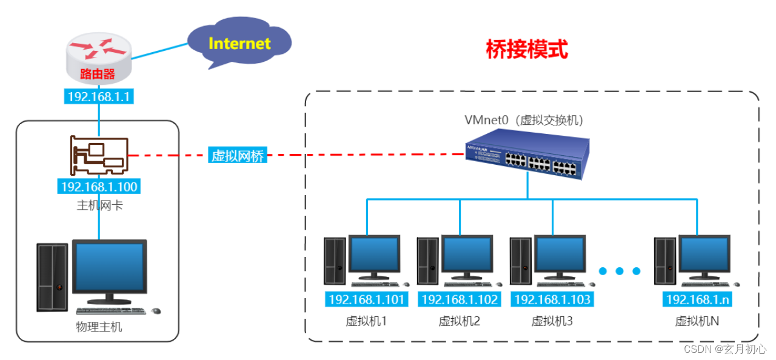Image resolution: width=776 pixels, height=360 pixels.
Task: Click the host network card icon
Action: (99, 154)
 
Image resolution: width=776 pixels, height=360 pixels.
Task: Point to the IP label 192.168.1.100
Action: (99, 187)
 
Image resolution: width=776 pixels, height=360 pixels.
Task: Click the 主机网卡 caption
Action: (99, 205)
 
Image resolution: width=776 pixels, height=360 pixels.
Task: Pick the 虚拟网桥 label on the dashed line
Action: (238, 156)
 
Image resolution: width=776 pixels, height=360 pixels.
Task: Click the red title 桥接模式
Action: (527, 50)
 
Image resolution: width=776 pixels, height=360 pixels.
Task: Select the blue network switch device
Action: (527, 156)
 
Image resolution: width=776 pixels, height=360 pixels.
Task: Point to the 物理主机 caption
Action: (99, 327)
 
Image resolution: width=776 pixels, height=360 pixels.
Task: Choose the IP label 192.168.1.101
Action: (366, 299)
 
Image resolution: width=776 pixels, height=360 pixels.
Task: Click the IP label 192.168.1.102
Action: (460, 299)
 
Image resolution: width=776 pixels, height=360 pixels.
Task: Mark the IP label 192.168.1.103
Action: (552, 299)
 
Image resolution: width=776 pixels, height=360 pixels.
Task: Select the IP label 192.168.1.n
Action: (697, 299)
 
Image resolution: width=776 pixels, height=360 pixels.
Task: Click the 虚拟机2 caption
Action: (460, 321)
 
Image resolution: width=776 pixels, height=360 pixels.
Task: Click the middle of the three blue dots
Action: (620, 271)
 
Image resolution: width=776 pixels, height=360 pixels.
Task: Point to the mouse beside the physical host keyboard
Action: (156, 311)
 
